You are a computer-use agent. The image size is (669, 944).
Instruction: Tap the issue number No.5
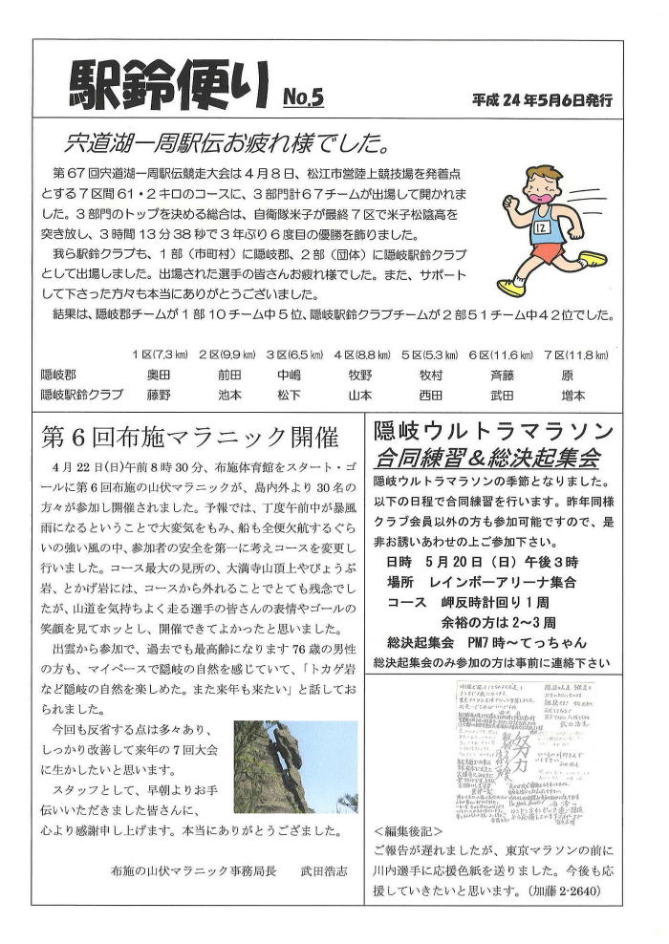[304, 96]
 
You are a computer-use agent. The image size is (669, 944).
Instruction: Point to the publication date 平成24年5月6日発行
[541, 98]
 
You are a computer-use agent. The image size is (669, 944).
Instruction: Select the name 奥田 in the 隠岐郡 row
[158, 375]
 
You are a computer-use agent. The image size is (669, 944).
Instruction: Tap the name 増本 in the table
[573, 394]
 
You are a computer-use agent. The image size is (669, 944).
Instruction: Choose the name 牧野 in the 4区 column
[360, 375]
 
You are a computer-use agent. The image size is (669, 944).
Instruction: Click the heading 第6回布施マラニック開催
[190, 438]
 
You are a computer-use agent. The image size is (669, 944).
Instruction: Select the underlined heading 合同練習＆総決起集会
[487, 457]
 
